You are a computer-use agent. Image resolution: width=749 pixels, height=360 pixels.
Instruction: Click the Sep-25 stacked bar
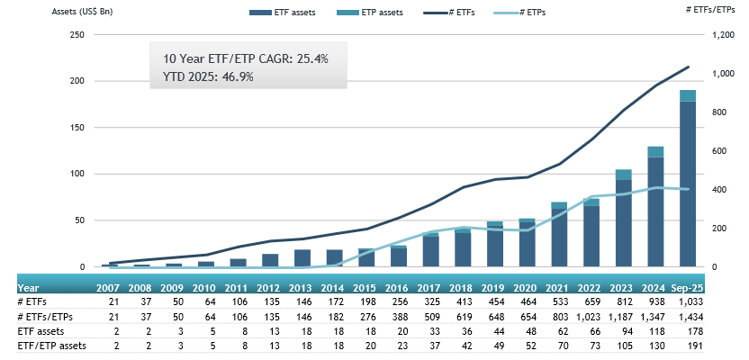pos(688,180)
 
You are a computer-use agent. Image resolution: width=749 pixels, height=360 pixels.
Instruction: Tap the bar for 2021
pos(559,236)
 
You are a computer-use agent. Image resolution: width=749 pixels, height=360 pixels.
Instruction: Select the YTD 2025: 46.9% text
pos(208,76)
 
